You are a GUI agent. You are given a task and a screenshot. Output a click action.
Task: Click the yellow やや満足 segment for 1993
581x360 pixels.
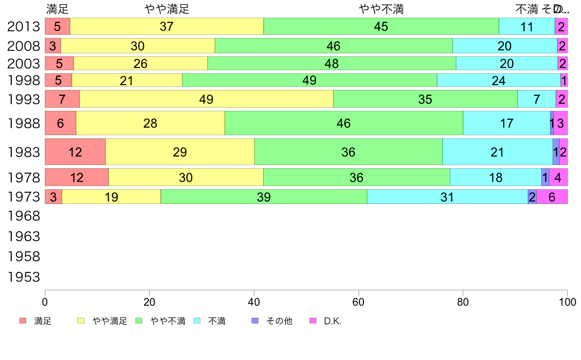click(x=206, y=99)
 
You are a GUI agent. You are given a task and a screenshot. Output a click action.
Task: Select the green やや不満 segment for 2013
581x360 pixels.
click(x=381, y=26)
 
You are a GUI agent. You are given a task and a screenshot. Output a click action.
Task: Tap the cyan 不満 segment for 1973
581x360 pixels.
click(x=447, y=197)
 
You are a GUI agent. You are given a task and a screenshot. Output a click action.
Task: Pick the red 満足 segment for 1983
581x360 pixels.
click(x=75, y=152)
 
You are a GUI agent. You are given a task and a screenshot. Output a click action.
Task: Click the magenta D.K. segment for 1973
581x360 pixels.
click(x=552, y=197)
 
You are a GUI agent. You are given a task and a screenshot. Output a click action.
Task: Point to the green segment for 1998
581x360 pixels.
click(x=309, y=80)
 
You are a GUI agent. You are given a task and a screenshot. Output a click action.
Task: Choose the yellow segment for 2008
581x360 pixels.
click(x=137, y=45)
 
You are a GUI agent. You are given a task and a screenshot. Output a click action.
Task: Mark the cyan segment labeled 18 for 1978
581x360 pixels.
click(x=495, y=177)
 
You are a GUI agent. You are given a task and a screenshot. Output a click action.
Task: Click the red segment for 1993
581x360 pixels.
click(x=62, y=99)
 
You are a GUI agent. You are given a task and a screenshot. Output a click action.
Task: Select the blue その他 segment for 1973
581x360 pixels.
click(x=532, y=197)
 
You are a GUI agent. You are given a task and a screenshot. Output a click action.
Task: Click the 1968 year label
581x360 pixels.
click(x=23, y=216)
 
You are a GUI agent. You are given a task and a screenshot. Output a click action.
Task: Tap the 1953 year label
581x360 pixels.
click(x=23, y=277)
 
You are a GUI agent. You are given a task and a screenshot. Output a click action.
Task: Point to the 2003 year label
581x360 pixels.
click(x=23, y=64)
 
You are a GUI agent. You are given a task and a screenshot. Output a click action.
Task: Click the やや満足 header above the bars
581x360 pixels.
click(x=167, y=9)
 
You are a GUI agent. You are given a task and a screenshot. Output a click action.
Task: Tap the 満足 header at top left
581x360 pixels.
click(x=58, y=9)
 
